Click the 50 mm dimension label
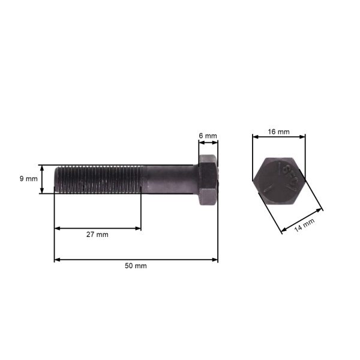tap(136, 266)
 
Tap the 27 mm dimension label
tap(97, 235)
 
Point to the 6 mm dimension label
tap(208, 136)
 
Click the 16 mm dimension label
tap(278, 131)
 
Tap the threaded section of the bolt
tap(99, 179)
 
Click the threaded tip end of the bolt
tap(58, 179)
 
